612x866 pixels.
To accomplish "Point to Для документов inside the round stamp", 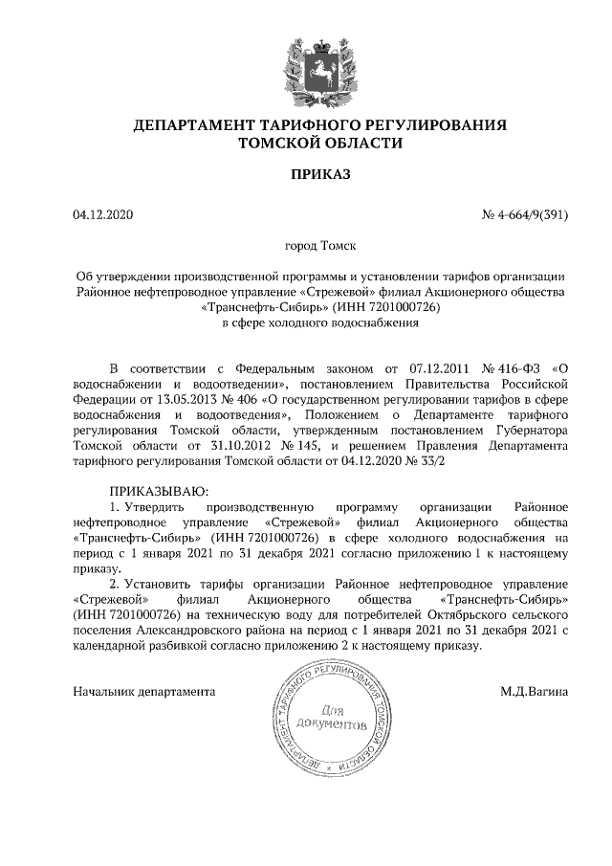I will pyautogui.click(x=332, y=718).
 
